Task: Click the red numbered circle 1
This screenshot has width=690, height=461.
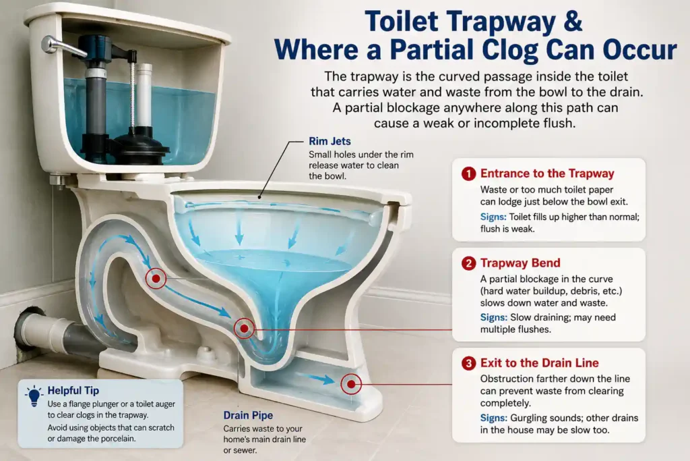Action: [x=469, y=173]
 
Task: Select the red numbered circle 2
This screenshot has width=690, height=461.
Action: [x=469, y=263]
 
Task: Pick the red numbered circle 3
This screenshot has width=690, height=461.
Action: [x=469, y=363]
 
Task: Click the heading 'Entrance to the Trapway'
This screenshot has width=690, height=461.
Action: [x=547, y=173]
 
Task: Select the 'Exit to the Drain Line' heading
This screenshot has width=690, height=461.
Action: [x=540, y=362]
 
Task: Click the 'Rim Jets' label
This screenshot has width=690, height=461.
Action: [x=330, y=142]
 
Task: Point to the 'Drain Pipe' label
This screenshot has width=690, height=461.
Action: [x=248, y=416]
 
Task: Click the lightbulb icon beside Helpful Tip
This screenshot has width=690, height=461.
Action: [x=34, y=396]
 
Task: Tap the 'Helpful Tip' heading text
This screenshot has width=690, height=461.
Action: [x=73, y=391]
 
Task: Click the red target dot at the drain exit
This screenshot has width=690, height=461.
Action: [x=351, y=384]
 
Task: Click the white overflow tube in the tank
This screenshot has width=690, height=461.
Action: [x=144, y=95]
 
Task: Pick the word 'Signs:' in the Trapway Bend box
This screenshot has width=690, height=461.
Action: [x=493, y=317]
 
